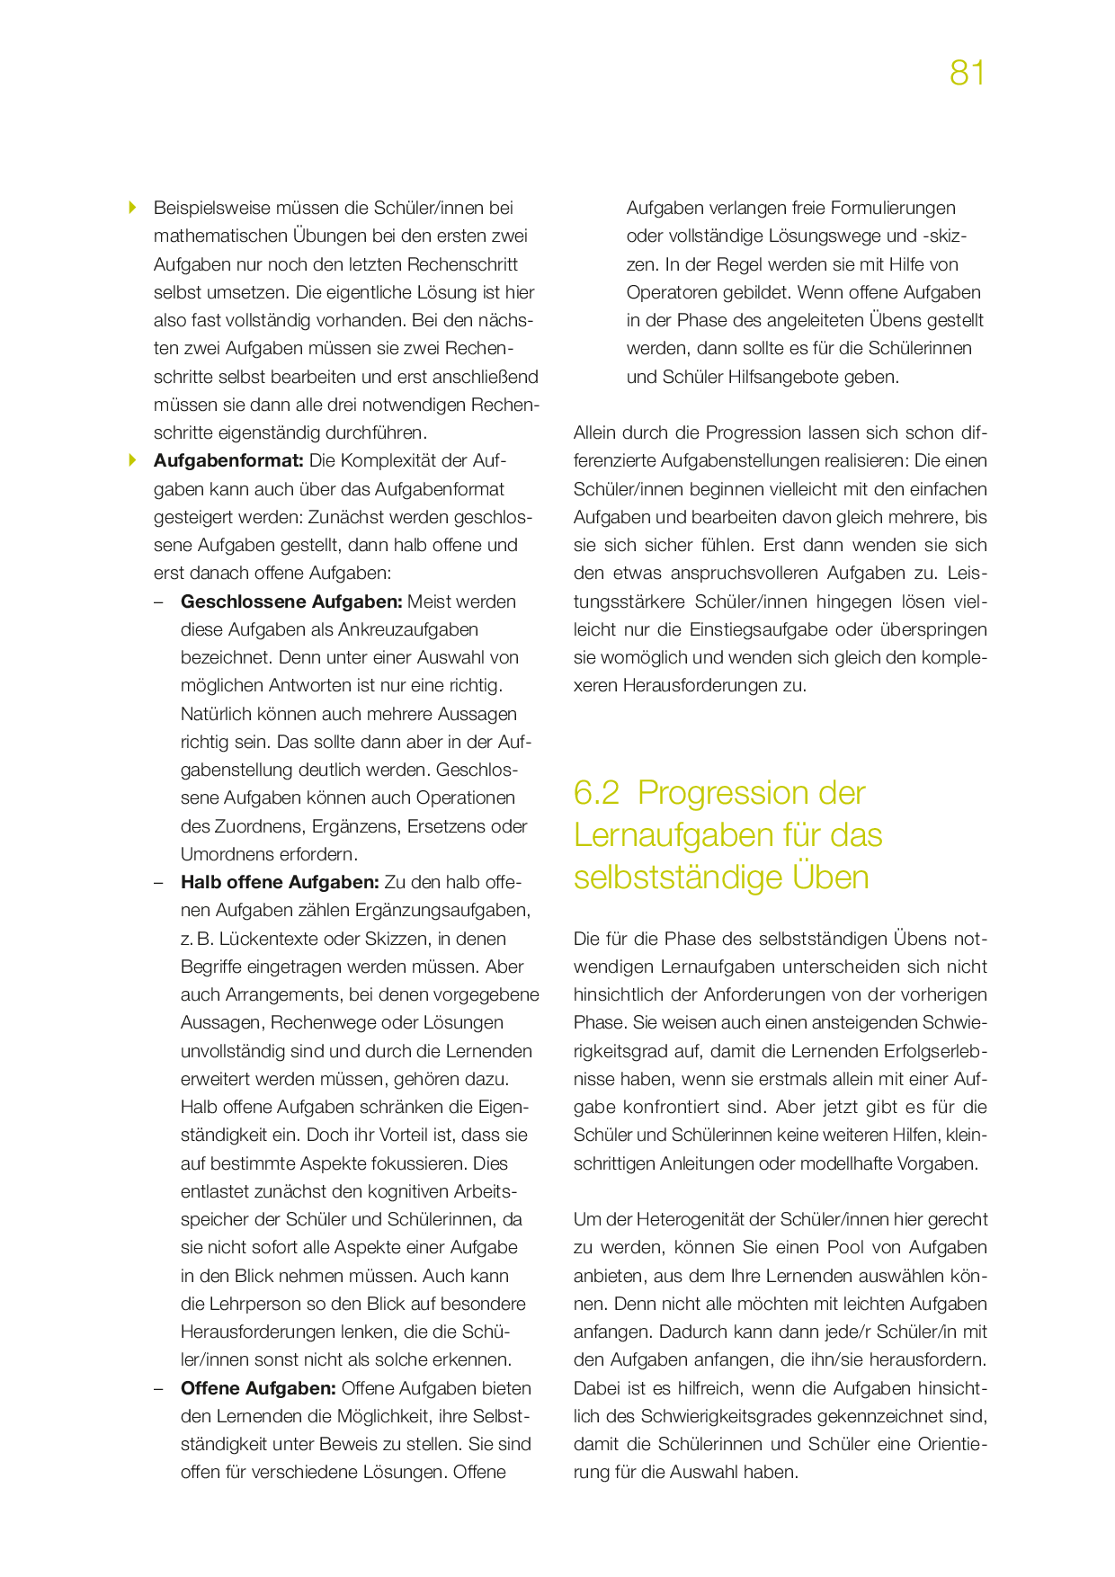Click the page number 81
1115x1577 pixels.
pyautogui.click(x=967, y=73)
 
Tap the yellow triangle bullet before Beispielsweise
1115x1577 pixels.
pyautogui.click(x=133, y=208)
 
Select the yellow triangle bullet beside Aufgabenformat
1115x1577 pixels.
pyautogui.click(x=133, y=460)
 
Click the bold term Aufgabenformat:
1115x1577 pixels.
pyautogui.click(x=228, y=460)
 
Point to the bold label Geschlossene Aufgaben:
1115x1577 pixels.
pyautogui.click(x=291, y=601)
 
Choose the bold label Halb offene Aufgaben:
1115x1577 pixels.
pyautogui.click(x=280, y=882)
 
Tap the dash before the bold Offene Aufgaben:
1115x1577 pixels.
pyautogui.click(x=159, y=1388)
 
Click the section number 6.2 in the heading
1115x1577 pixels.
pyautogui.click(x=597, y=793)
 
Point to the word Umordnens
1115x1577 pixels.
pyautogui.click(x=221, y=854)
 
